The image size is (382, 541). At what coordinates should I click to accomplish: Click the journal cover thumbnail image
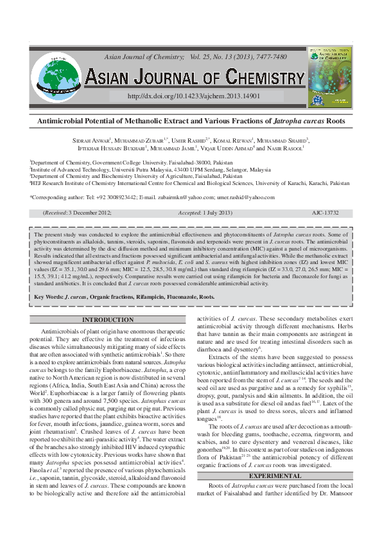pos(330,76)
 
